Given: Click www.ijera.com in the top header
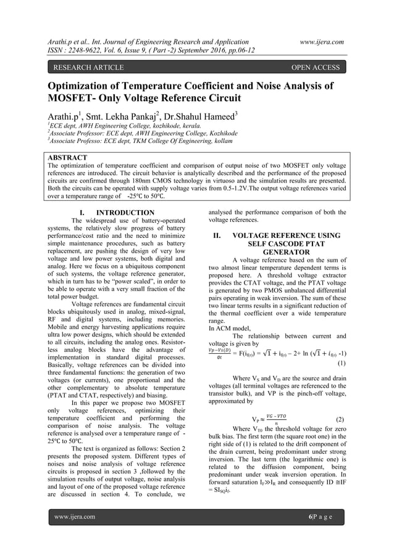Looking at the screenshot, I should (x=321, y=41).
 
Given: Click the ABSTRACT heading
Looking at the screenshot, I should (x=67, y=158).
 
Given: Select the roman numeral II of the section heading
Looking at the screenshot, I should (x=217, y=235).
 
